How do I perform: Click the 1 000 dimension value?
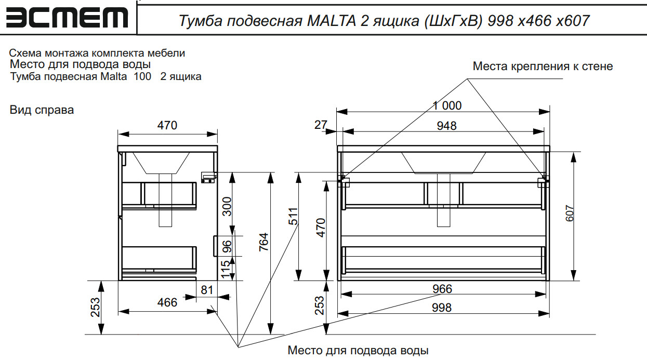[x=447, y=105]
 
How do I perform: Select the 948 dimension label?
[x=446, y=126]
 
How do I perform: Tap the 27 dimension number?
[x=321, y=125]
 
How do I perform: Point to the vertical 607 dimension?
[x=570, y=214]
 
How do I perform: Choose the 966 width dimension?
[x=442, y=289]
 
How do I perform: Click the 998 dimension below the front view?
[x=442, y=308]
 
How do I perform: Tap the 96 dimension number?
[x=227, y=246]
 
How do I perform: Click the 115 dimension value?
[x=226, y=270]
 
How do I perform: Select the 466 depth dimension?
[x=167, y=302]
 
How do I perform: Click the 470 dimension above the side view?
[x=167, y=125]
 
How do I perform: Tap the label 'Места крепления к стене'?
[x=543, y=66]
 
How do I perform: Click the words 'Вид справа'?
[x=42, y=110]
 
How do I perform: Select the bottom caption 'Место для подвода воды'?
[x=358, y=351]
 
